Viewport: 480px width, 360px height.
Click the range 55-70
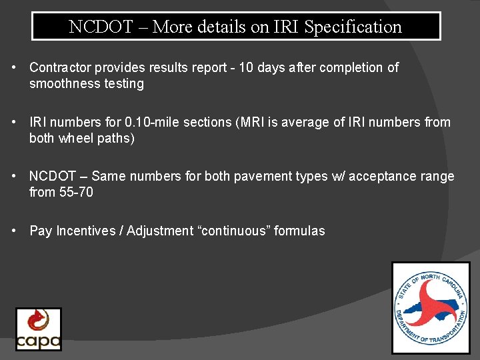coord(75,192)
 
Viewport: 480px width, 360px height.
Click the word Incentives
coord(85,231)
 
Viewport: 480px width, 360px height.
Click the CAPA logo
coord(39,329)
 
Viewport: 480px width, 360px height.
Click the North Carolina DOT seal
coord(430,307)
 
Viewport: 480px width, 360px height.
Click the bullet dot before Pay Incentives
coord(15,231)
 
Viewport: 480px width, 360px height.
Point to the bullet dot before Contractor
coord(15,67)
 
